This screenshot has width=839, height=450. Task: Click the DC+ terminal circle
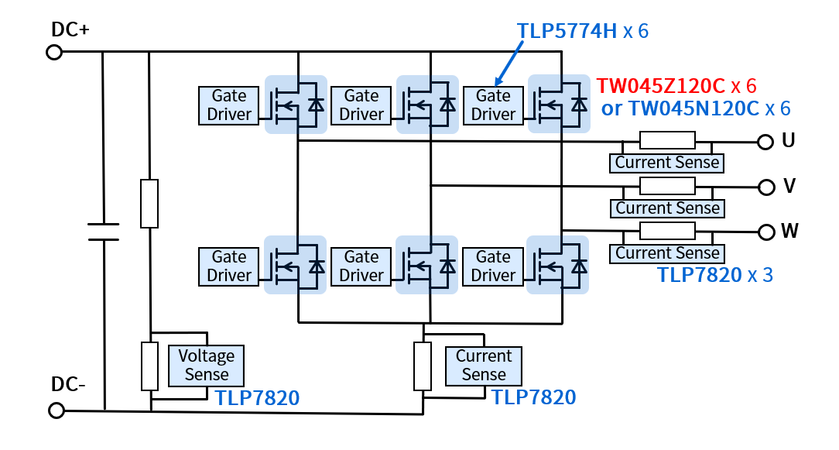(x=54, y=52)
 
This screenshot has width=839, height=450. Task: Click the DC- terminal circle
(x=56, y=410)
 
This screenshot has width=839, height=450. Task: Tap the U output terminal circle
(x=765, y=142)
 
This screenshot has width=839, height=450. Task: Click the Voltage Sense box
(x=206, y=366)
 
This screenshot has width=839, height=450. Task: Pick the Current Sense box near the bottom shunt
(x=484, y=366)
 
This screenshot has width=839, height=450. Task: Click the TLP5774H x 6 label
(x=581, y=32)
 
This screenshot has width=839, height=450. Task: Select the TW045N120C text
(x=691, y=108)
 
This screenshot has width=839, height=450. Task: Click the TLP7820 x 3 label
(x=714, y=275)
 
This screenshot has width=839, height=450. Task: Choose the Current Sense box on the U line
(x=667, y=163)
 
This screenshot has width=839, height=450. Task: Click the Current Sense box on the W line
(x=667, y=253)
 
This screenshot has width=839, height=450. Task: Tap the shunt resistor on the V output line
(x=667, y=186)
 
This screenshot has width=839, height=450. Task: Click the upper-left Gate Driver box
(x=229, y=105)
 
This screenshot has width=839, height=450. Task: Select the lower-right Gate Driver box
(x=493, y=266)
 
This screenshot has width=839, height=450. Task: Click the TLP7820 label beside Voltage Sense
(x=257, y=398)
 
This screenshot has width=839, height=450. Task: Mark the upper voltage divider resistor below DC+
(x=149, y=203)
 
